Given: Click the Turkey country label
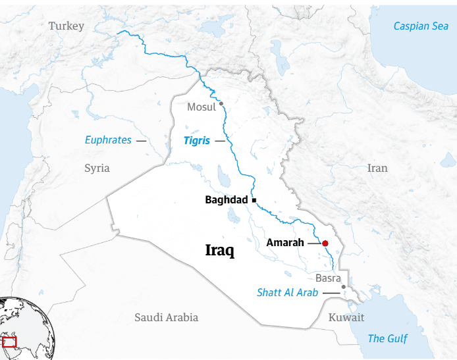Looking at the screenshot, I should click(67, 26).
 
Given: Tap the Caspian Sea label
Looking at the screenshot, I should click(420, 26).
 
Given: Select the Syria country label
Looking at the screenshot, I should click(97, 168).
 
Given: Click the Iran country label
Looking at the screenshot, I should click(377, 168).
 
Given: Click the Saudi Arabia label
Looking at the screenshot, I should click(166, 317).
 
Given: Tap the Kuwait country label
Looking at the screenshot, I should click(346, 317).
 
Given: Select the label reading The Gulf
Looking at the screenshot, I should click(387, 338).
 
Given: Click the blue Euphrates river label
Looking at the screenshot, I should click(108, 140).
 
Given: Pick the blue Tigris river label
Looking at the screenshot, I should click(198, 140).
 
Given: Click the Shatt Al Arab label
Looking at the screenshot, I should click(287, 292).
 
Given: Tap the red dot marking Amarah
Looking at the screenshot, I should click(325, 244).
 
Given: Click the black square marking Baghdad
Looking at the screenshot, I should click(254, 199).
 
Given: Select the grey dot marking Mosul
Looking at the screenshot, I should click(221, 103).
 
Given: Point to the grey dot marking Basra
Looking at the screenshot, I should click(343, 287).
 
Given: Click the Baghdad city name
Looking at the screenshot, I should click(227, 199).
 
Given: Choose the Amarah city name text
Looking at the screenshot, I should click(285, 243).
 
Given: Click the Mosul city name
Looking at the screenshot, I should click(201, 107).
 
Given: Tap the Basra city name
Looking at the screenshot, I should click(328, 278).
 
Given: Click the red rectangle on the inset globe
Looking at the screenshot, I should click(9, 342).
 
